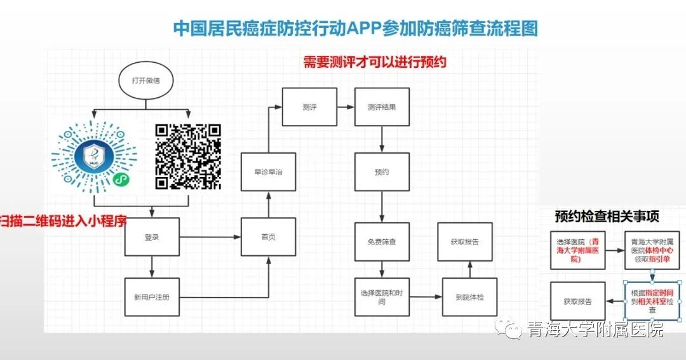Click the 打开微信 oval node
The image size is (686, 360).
point(146,81)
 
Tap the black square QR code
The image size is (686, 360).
point(188,157)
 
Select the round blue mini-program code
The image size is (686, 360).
point(94,157)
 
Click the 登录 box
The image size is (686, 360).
point(152,237)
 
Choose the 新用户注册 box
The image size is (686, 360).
point(152,297)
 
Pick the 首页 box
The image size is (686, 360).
point(268,237)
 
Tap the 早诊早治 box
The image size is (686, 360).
point(268,172)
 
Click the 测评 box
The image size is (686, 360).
point(309,107)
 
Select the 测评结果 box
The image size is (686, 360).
point(382,107)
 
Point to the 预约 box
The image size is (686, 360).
point(382,172)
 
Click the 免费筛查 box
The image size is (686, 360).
point(382,241)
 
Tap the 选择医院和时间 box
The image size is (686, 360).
point(382,297)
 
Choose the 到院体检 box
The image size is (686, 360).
point(469,297)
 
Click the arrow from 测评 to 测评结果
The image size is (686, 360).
point(346,107)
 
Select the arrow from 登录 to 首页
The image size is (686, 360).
point(210,237)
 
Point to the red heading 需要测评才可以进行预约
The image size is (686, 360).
point(375,62)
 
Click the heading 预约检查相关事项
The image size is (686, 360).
point(607,216)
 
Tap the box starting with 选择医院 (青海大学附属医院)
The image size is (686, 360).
point(578,250)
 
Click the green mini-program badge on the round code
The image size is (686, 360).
point(121,179)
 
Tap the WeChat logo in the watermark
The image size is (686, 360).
point(508,328)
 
